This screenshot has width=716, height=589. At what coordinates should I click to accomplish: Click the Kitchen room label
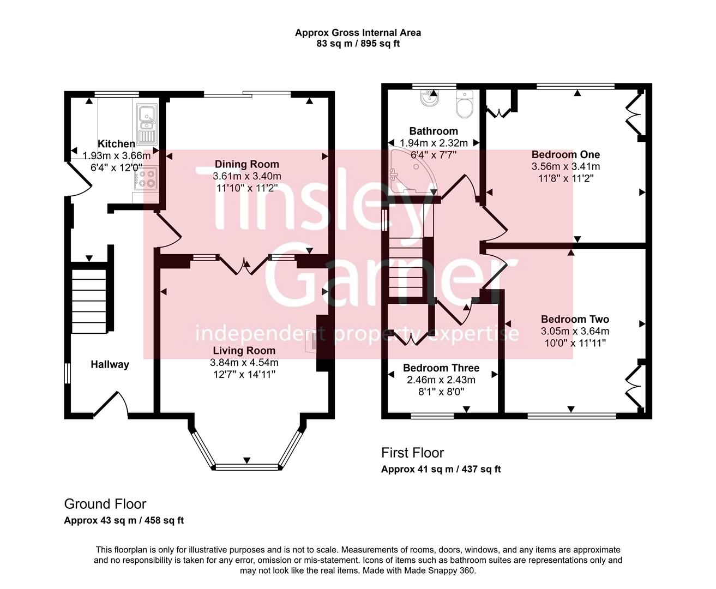(116, 144)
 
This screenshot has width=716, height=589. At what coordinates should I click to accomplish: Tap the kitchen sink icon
(146, 124)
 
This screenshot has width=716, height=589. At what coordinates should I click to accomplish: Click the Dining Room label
(246, 164)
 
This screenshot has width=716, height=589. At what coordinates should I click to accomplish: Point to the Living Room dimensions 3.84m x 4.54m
(244, 363)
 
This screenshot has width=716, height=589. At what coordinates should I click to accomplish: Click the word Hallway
(110, 364)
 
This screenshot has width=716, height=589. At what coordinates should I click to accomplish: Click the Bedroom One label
(565, 154)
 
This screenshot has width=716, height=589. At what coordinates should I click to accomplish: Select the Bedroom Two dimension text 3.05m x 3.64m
(575, 331)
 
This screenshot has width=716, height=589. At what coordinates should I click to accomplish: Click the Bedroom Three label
(441, 368)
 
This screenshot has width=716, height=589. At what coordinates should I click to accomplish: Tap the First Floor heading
(412, 453)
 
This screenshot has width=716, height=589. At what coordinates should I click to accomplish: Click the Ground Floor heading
(105, 504)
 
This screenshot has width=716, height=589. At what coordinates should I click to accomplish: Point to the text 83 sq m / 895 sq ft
(358, 44)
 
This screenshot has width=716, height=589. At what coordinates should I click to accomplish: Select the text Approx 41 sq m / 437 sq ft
(441, 469)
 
